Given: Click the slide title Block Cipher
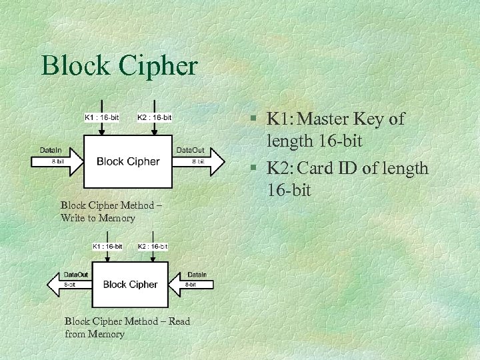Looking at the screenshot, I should (x=119, y=65).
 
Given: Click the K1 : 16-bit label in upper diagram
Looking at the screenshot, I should (x=101, y=118).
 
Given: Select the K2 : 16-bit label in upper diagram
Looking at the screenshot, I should (x=154, y=118).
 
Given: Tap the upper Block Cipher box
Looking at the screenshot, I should (x=128, y=161).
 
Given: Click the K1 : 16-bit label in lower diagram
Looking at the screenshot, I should (x=107, y=246).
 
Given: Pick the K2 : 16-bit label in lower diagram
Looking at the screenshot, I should (x=153, y=246).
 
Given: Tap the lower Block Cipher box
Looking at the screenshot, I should (x=130, y=284).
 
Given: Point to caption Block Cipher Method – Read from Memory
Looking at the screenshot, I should (x=127, y=327).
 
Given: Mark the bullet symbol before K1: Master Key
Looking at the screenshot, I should (x=254, y=120).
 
